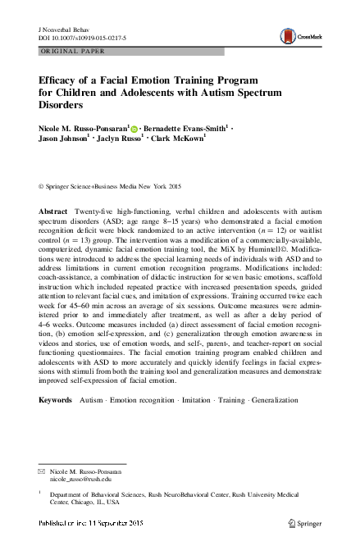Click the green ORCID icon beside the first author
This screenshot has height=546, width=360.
click(x=135, y=129)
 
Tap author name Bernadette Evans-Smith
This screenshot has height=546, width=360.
click(x=185, y=129)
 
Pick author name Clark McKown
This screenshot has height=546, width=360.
click(x=175, y=140)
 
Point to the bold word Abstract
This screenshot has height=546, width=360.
click(x=52, y=212)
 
